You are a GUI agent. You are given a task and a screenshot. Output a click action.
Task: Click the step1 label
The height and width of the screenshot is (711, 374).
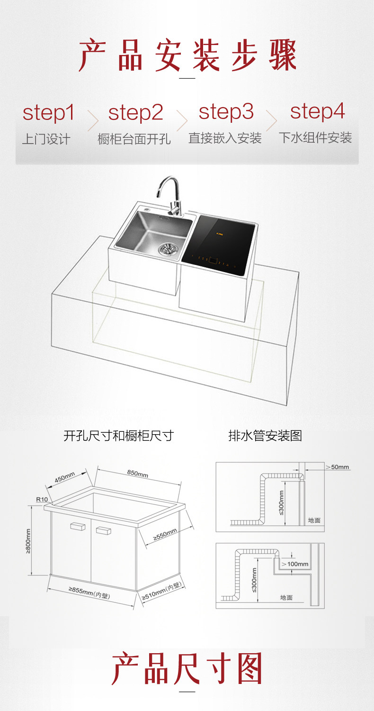pos(49,113)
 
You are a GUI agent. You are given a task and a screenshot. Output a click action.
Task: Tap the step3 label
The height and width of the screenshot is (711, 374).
pos(226,113)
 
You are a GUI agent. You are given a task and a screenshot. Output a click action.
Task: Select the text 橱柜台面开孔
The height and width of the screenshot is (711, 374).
pos(134,139)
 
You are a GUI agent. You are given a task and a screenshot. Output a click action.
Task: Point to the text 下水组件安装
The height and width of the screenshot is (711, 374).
pos(315,138)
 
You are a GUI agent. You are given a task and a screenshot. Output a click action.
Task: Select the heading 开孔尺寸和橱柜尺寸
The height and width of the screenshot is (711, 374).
pos(118,436)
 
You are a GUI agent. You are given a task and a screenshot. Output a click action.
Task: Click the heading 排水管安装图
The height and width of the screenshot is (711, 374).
pos(265,436)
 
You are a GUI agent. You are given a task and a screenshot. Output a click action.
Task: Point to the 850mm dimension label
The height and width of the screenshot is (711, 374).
pos(137,474)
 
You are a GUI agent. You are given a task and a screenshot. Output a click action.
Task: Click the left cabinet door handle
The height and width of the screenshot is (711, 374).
pos(77,526)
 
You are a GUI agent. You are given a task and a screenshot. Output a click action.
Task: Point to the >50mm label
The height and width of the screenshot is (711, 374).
pos(337,467)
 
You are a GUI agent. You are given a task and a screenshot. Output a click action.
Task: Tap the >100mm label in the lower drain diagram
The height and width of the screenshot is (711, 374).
pos(295,564)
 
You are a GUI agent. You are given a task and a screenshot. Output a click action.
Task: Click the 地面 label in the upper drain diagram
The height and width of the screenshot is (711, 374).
pos(314,520)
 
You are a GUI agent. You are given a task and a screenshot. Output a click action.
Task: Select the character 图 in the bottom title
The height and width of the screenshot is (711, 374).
pos(247,669)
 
